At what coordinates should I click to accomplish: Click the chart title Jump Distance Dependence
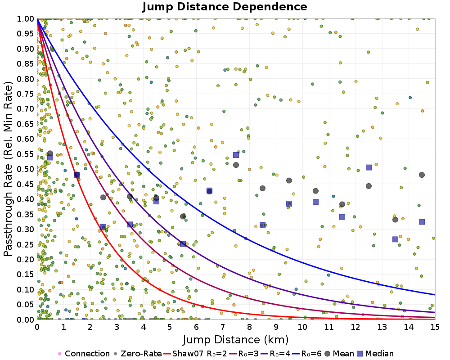click(x=225, y=7)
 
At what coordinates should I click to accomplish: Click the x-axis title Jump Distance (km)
click(x=236, y=339)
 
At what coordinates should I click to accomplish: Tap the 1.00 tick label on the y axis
click(x=26, y=18)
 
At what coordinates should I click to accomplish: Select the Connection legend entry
click(x=84, y=354)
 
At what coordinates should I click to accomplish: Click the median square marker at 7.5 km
click(x=236, y=155)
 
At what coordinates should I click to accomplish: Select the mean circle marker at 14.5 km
click(x=422, y=175)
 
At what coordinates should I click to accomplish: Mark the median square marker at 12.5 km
click(x=369, y=167)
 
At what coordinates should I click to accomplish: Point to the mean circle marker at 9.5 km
click(x=289, y=180)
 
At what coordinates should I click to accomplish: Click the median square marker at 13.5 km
click(x=395, y=239)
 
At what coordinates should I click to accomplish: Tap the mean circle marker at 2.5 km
click(x=103, y=197)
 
